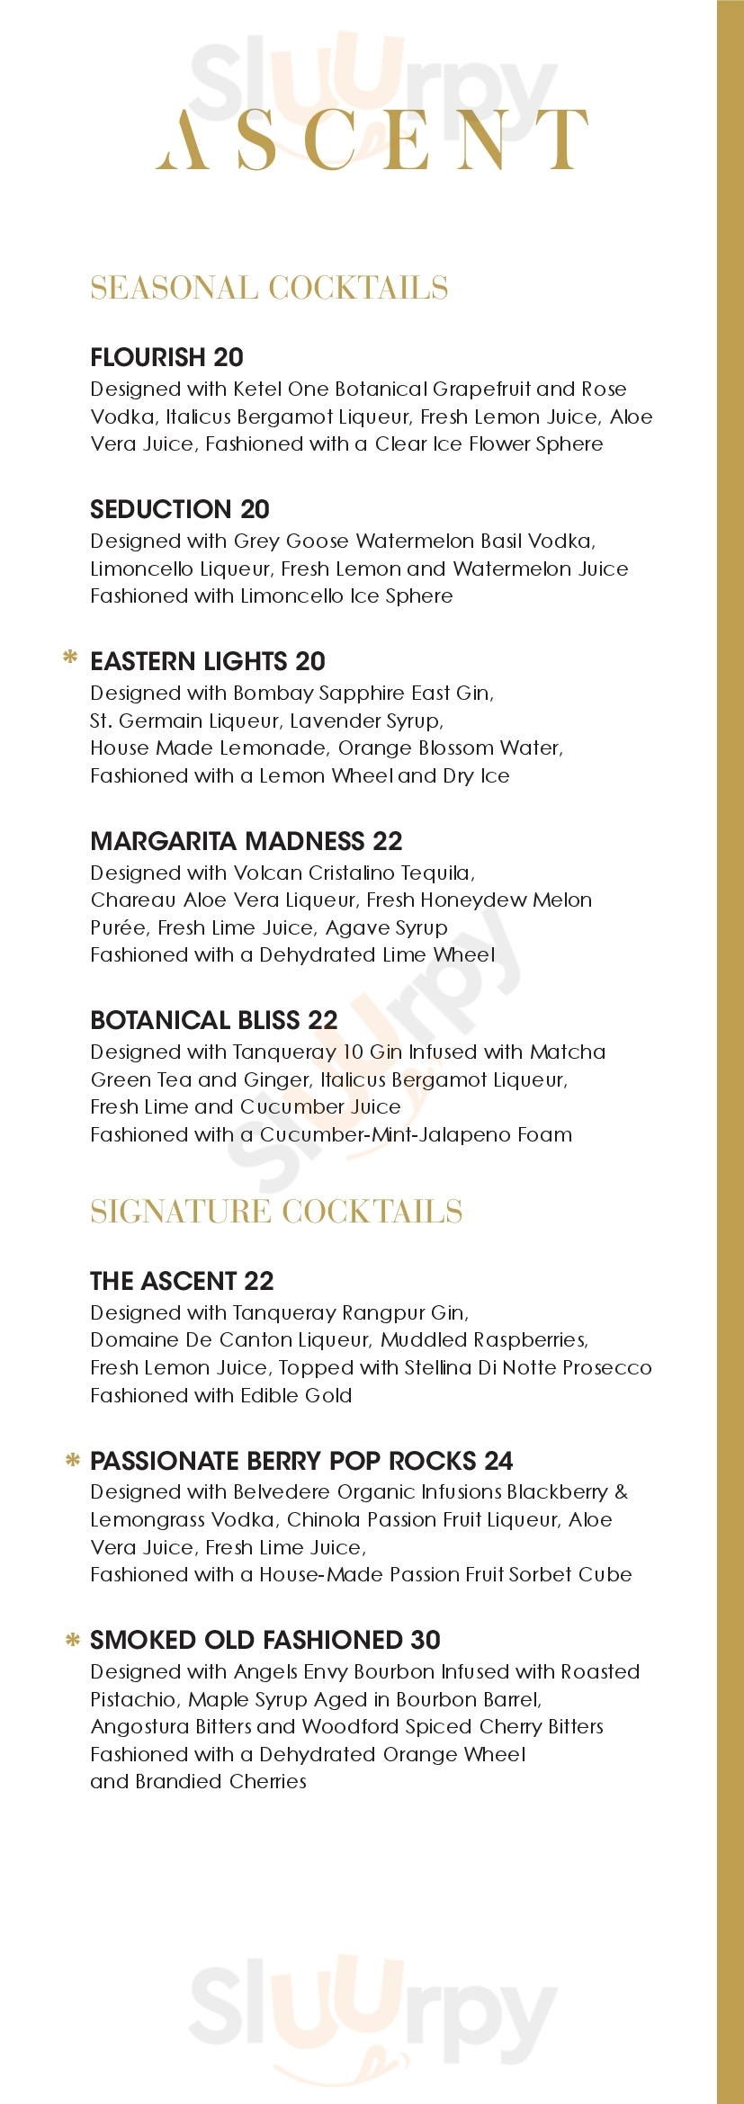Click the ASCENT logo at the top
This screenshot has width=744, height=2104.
[372, 140]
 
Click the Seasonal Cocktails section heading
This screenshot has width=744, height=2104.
[269, 288]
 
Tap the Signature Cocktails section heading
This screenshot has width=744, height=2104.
[276, 1212]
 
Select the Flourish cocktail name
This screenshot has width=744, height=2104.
[149, 357]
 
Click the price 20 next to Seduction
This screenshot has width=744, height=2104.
[255, 509]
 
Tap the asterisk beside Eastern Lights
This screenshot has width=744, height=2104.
[69, 658]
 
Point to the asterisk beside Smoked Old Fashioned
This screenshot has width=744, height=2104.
[73, 1639]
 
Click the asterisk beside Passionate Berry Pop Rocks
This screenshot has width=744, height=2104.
[73, 1460]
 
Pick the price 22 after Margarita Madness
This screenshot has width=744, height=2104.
[387, 841]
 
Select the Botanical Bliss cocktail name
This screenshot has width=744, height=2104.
[196, 1020]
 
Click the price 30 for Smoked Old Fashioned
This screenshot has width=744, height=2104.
[426, 1640]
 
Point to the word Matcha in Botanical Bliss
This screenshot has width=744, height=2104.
[568, 1052]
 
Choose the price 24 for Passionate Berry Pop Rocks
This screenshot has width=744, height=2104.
[498, 1461]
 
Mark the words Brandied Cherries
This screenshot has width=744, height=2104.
[220, 1781]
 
